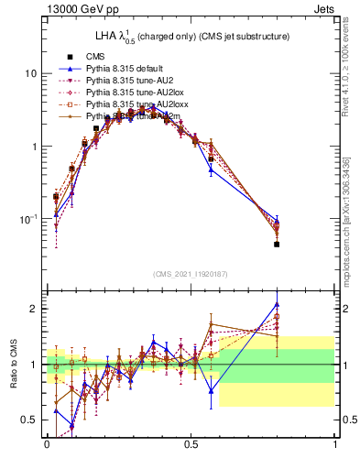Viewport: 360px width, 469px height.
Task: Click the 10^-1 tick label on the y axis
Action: pos(28,219)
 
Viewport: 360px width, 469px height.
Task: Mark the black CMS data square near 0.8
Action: pos(277,245)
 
